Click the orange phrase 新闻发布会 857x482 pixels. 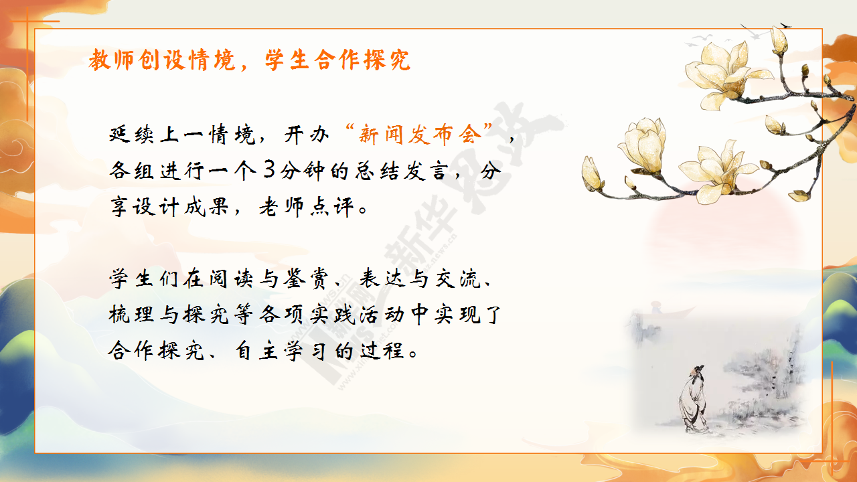(x=420, y=135)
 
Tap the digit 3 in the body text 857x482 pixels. (x=269, y=169)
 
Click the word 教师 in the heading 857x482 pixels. (x=111, y=60)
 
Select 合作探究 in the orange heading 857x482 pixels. (x=362, y=60)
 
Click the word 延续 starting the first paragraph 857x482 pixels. (x=132, y=135)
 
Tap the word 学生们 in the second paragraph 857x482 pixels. (x=144, y=278)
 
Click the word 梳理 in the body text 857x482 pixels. (x=131, y=315)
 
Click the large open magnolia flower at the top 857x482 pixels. (x=725, y=74)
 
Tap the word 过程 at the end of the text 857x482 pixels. (x=382, y=350)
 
